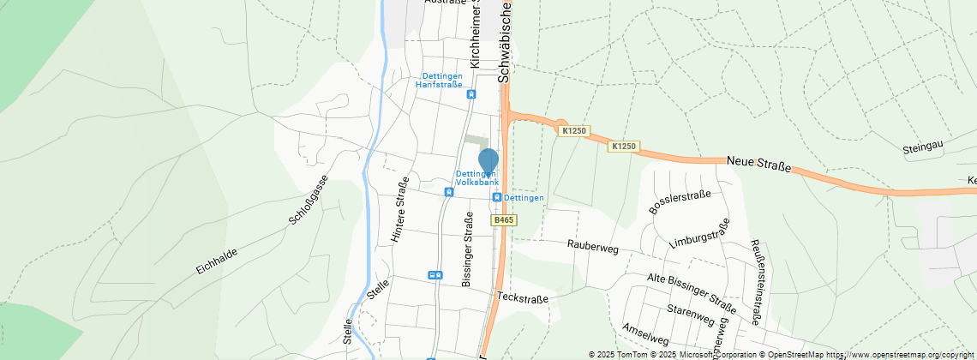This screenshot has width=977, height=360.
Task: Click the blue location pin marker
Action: tap(488, 161)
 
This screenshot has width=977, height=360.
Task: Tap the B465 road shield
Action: tap(504, 220)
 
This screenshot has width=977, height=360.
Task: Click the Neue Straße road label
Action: tap(758, 162)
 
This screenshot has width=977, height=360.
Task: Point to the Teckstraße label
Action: tap(522, 297)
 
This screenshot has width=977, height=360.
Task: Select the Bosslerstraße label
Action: tap(680, 203)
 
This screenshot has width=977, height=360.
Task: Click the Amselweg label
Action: tap(645, 333)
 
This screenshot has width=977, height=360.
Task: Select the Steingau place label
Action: tap(923, 148)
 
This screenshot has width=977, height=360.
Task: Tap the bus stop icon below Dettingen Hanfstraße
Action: tap(471, 94)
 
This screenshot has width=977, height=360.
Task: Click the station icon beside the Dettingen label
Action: tap(496, 197)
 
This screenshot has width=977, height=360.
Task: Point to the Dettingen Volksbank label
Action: tap(477, 178)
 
